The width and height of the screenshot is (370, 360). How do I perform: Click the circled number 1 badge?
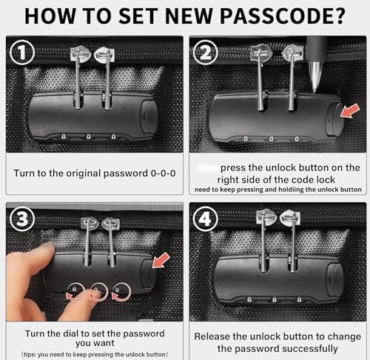22,52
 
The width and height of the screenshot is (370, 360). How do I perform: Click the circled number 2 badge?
206,53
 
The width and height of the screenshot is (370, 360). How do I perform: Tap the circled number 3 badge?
22,219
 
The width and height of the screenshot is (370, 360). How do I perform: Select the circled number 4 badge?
206,219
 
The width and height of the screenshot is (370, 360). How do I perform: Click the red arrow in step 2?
350,110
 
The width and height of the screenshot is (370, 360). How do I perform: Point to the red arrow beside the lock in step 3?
161,260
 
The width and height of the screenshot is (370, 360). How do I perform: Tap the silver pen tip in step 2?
315,76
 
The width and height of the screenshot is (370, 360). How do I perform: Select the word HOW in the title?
50,16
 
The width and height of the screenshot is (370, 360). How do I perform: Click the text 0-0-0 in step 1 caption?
163,173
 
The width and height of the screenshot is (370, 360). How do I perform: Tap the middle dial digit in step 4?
274,300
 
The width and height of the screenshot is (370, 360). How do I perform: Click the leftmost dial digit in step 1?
64,136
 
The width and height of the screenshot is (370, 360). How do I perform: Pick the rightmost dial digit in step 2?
297,139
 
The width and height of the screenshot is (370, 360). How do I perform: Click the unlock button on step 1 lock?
149,116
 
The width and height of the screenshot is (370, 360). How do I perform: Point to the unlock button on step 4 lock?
335,281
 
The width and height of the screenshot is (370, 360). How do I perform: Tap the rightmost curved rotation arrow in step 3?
121,292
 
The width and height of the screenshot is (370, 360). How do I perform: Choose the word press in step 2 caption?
233,168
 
